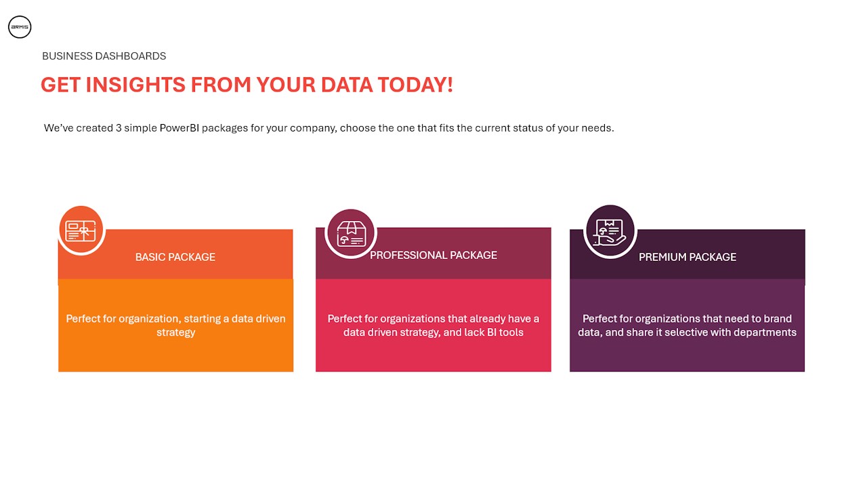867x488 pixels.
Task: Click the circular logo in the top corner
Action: pos(20,27)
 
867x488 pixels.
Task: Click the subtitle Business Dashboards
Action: pos(104,56)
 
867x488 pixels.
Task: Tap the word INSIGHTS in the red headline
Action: pos(135,85)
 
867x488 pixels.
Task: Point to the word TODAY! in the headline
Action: pos(415,85)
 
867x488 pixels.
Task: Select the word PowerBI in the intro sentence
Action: pos(179,128)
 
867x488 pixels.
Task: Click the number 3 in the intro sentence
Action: pos(119,128)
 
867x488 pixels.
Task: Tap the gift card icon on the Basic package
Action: pos(81,231)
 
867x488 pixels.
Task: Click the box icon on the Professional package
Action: pos(351,234)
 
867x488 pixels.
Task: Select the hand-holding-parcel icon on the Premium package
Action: pos(610,232)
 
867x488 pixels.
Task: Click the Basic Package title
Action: pos(175,257)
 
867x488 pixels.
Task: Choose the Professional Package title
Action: pos(433,256)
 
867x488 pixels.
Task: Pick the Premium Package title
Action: pos(688,257)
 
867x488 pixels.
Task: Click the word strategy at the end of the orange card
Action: pos(175,333)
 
